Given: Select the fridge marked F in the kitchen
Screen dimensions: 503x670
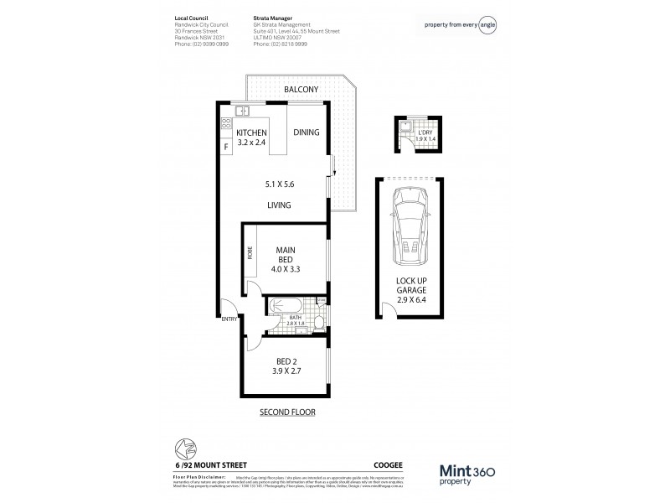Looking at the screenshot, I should [x=226, y=148].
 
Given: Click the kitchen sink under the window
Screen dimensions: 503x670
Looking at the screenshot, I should [x=241, y=111].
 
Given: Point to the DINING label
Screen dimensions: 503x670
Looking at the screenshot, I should [x=306, y=132].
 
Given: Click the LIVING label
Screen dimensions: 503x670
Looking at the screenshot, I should [x=279, y=205].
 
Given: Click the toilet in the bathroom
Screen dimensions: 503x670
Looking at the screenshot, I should [x=319, y=319].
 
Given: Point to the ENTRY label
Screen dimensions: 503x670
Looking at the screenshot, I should [x=229, y=319].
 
